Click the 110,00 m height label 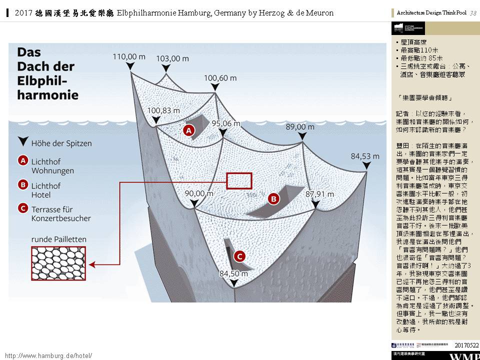point(129,57)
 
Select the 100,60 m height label point(220,78)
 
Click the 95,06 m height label point(226,123)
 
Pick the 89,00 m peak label point(300,127)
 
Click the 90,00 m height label point(199,193)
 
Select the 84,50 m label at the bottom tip point(234,273)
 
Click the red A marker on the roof point(188,131)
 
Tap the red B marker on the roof point(273,199)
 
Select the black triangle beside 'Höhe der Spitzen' point(22,142)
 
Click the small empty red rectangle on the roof point(239,180)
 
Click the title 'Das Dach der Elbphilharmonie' point(46,73)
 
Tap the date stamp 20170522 point(466,345)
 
